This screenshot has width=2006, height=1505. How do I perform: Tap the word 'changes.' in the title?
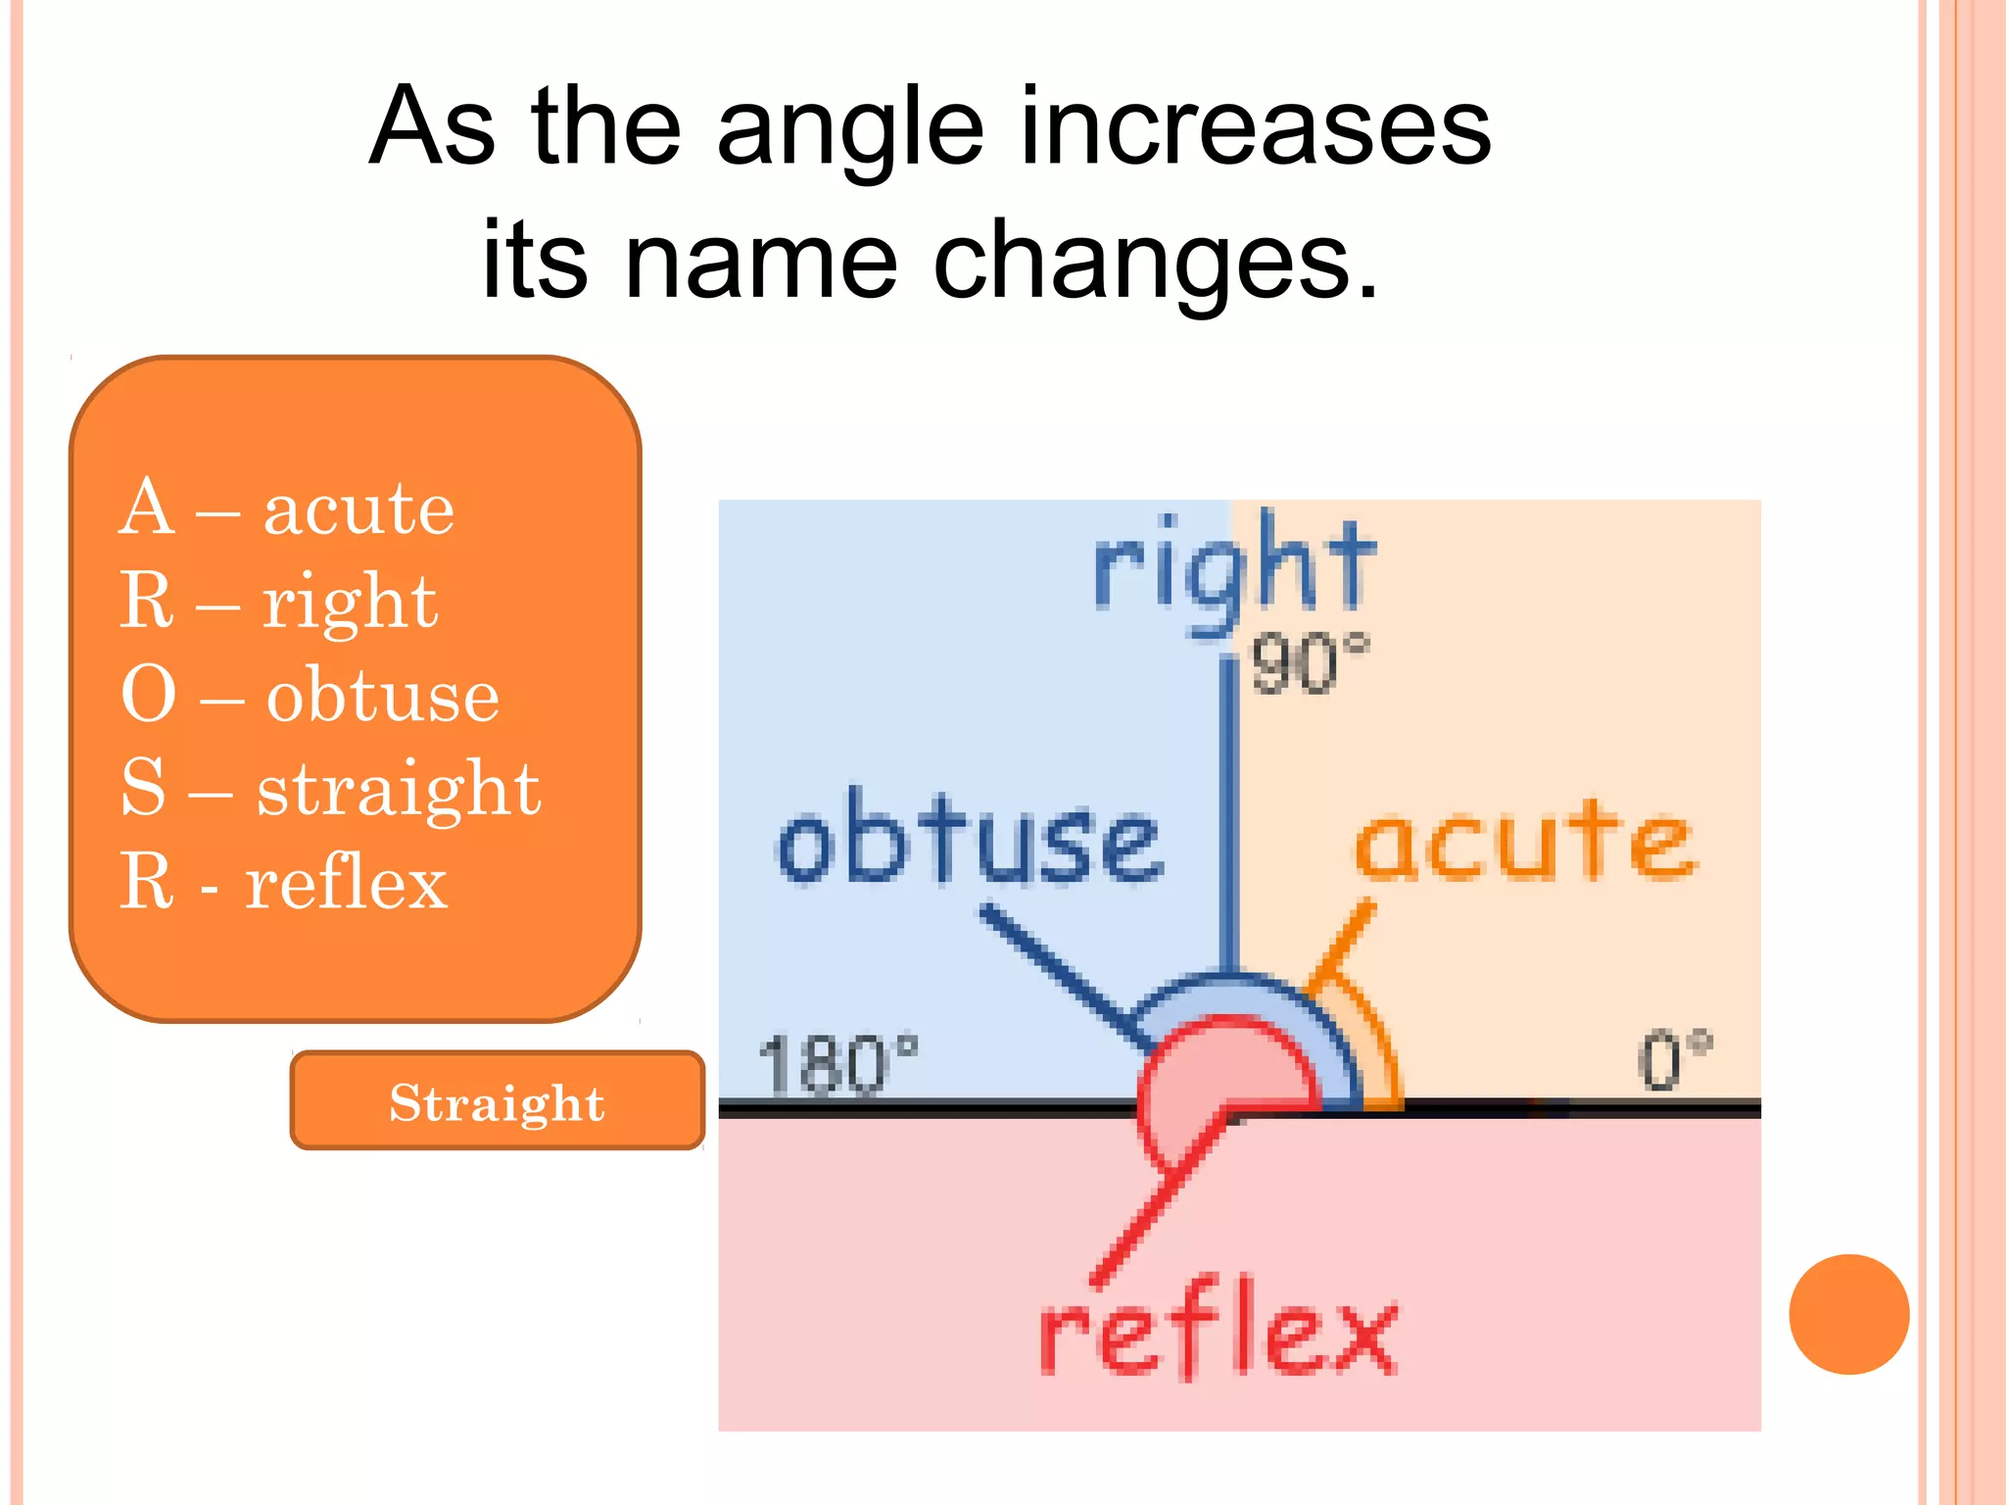point(1156,261)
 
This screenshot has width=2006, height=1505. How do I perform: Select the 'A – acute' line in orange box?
point(286,509)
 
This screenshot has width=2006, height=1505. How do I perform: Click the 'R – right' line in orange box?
point(278,602)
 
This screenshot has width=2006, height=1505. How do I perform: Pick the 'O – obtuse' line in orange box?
point(310,695)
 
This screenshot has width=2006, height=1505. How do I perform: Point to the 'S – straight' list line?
point(329,788)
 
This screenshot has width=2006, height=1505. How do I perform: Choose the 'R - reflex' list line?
point(283,882)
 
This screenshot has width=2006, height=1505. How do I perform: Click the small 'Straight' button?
point(498,1101)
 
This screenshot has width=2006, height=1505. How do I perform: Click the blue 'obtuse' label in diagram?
point(970,841)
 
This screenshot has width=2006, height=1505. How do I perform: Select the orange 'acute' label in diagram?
point(1524,841)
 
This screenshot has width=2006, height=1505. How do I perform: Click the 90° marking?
point(1309,664)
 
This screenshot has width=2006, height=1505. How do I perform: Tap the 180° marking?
point(838,1064)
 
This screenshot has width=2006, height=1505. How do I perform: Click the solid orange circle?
point(1848,1314)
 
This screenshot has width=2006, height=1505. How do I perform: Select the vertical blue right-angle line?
point(1228,813)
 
